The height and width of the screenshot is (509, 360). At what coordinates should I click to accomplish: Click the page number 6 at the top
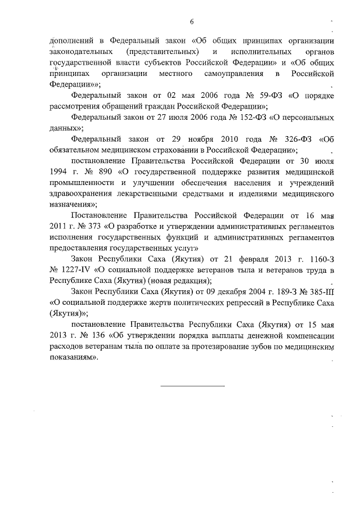[x=192, y=21]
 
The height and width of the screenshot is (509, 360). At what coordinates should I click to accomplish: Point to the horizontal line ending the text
[x=192, y=386]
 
